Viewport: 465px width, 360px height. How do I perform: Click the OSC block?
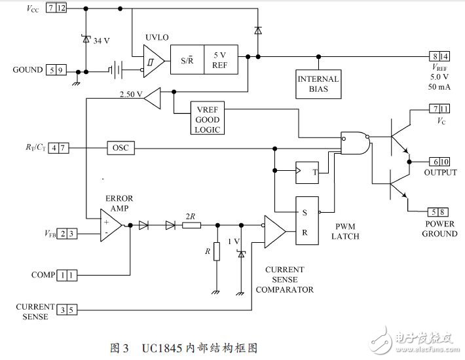pos(121,149)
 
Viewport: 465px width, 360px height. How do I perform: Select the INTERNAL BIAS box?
pos(318,84)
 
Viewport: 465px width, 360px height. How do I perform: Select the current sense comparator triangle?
pos(274,231)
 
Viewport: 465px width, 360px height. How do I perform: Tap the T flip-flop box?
pos(307,172)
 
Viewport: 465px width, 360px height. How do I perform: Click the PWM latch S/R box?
pos(307,221)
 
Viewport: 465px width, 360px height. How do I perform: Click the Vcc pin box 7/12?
pos(57,8)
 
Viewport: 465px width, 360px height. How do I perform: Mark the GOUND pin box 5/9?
pos(57,70)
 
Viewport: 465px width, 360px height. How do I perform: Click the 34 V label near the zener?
pos(102,41)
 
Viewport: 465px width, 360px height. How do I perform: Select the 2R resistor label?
pos(191,215)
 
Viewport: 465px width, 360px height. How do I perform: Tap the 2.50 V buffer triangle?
pos(151,99)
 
